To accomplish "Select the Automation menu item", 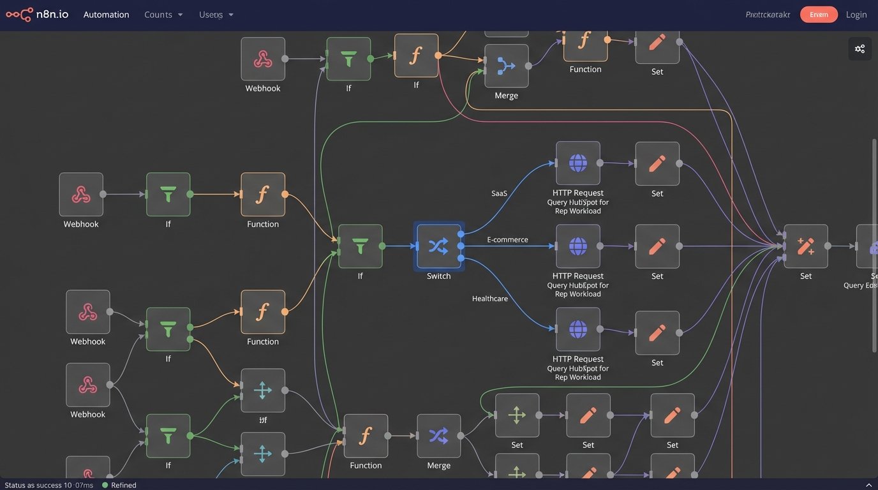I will [x=106, y=15].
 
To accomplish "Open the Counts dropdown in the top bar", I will [x=163, y=15].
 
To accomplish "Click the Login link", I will [x=856, y=15].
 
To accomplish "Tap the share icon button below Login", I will [x=859, y=49].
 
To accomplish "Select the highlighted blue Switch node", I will [x=438, y=246].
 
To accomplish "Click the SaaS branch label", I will [x=499, y=193].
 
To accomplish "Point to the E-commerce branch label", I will [x=507, y=240].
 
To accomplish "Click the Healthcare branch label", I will [x=489, y=299].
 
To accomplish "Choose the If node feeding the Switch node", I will [x=360, y=246].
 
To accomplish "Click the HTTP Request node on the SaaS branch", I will [x=577, y=163].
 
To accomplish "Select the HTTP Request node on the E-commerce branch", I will [x=577, y=246].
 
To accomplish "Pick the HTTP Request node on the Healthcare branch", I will [x=577, y=329].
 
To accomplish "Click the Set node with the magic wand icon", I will [x=805, y=246].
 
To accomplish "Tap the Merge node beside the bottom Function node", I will [x=438, y=436].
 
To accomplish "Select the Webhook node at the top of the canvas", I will [x=262, y=59].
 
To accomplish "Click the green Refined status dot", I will [x=105, y=485].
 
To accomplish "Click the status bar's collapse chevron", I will [x=868, y=485].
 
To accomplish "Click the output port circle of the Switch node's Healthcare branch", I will [x=461, y=258].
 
